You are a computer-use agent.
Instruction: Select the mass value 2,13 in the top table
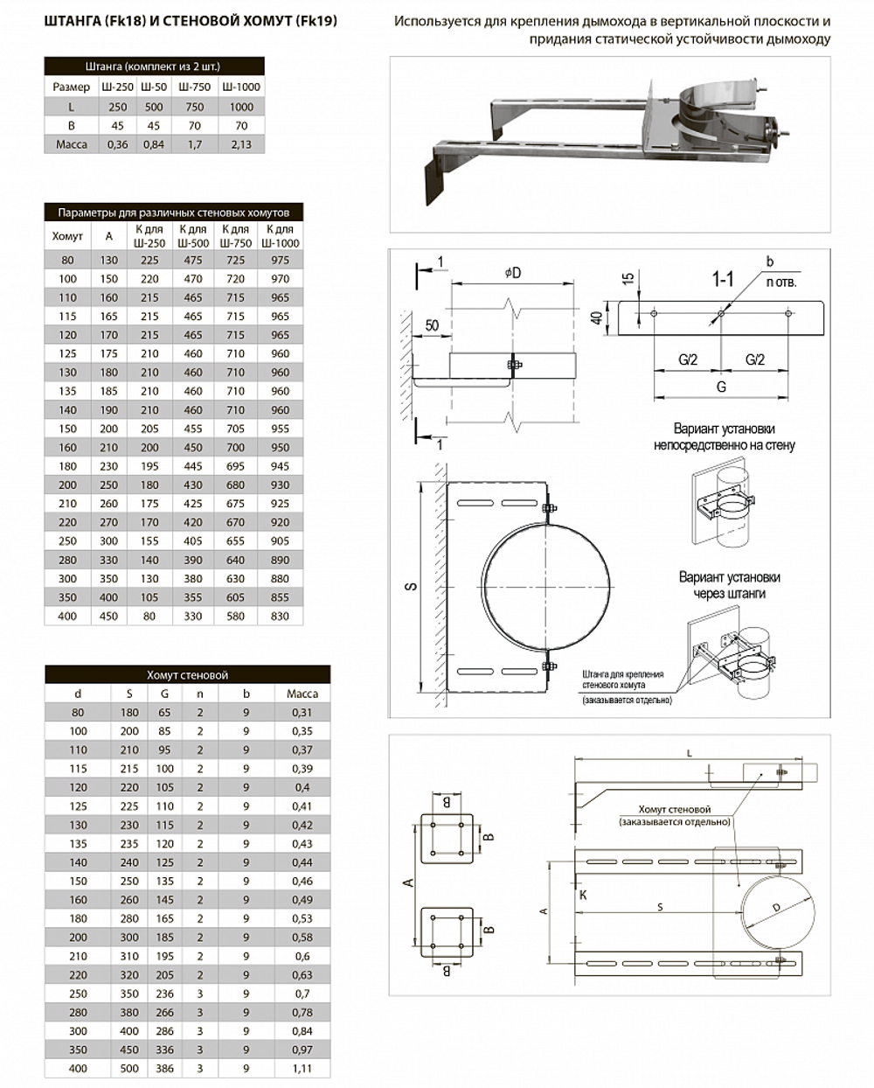pos(241,144)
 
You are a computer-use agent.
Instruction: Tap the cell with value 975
pos(280,260)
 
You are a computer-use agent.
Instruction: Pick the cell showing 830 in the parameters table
pos(280,616)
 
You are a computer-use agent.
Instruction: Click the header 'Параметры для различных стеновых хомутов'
pos(174,213)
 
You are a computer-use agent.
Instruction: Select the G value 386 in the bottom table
pos(165,1069)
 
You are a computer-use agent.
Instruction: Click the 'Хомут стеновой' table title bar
pos(187,674)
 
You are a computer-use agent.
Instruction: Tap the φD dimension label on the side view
pos(512,273)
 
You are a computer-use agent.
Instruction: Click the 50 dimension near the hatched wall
pos(432,325)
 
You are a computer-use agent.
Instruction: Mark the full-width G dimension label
pos(721,387)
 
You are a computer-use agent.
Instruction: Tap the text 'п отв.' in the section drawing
pos(780,282)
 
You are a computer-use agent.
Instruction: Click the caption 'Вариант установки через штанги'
pos(729,585)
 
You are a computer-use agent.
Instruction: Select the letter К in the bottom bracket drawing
pos(583,895)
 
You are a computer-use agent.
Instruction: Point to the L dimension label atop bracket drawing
pos(689,752)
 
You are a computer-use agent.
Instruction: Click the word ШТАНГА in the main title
pos(73,20)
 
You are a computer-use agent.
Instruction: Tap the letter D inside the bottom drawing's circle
pos(776,909)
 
